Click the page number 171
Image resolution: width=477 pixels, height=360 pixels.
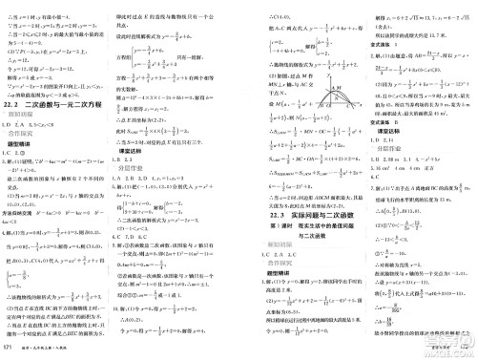[9, 351]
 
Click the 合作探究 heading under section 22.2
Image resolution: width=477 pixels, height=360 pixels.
[22, 133]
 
